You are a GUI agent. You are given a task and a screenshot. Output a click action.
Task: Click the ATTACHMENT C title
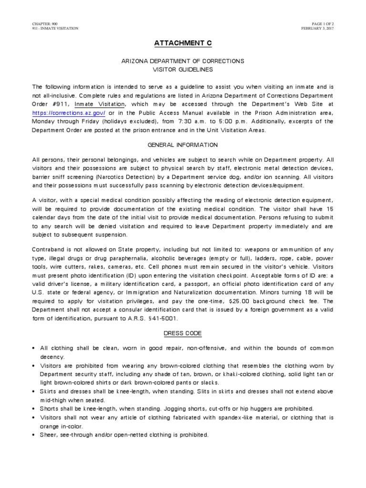click(x=183, y=43)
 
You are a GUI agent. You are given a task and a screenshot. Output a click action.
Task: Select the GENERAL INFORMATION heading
click(x=183, y=145)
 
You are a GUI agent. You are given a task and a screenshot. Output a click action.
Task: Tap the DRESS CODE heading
click(x=183, y=333)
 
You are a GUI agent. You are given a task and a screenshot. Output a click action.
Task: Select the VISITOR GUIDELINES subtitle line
click(x=183, y=70)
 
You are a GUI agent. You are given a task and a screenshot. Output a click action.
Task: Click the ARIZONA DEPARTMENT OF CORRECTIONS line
click(x=183, y=61)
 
